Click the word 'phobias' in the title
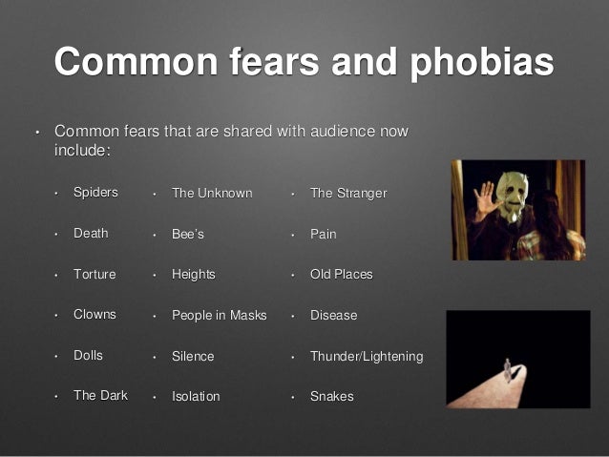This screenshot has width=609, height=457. pos(482,63)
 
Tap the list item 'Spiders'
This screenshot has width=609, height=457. pos(95,192)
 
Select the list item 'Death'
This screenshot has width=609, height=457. pos(91,234)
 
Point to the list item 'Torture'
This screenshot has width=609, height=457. pos(94,274)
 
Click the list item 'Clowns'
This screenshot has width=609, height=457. pos(94,314)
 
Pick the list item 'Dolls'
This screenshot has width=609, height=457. pos(88,355)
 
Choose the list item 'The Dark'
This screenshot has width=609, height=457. pos(100,395)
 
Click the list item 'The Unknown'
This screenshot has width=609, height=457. pos(212,193)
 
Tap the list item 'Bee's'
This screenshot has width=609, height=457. pos(188,234)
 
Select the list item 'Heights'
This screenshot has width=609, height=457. pos(194,275)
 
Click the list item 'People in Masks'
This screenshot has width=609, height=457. pos(220,315)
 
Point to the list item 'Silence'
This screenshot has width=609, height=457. pos(193,356)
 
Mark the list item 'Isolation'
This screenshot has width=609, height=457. pos(196,396)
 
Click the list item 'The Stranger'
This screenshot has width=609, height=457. pos(348,193)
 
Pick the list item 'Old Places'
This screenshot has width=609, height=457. pos(342,274)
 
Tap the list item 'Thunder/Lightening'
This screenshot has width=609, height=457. pos(367,356)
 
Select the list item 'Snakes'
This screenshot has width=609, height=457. pos(332,396)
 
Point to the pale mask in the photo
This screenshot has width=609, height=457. pos(513,197)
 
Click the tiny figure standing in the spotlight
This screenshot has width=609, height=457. pos(507,370)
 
